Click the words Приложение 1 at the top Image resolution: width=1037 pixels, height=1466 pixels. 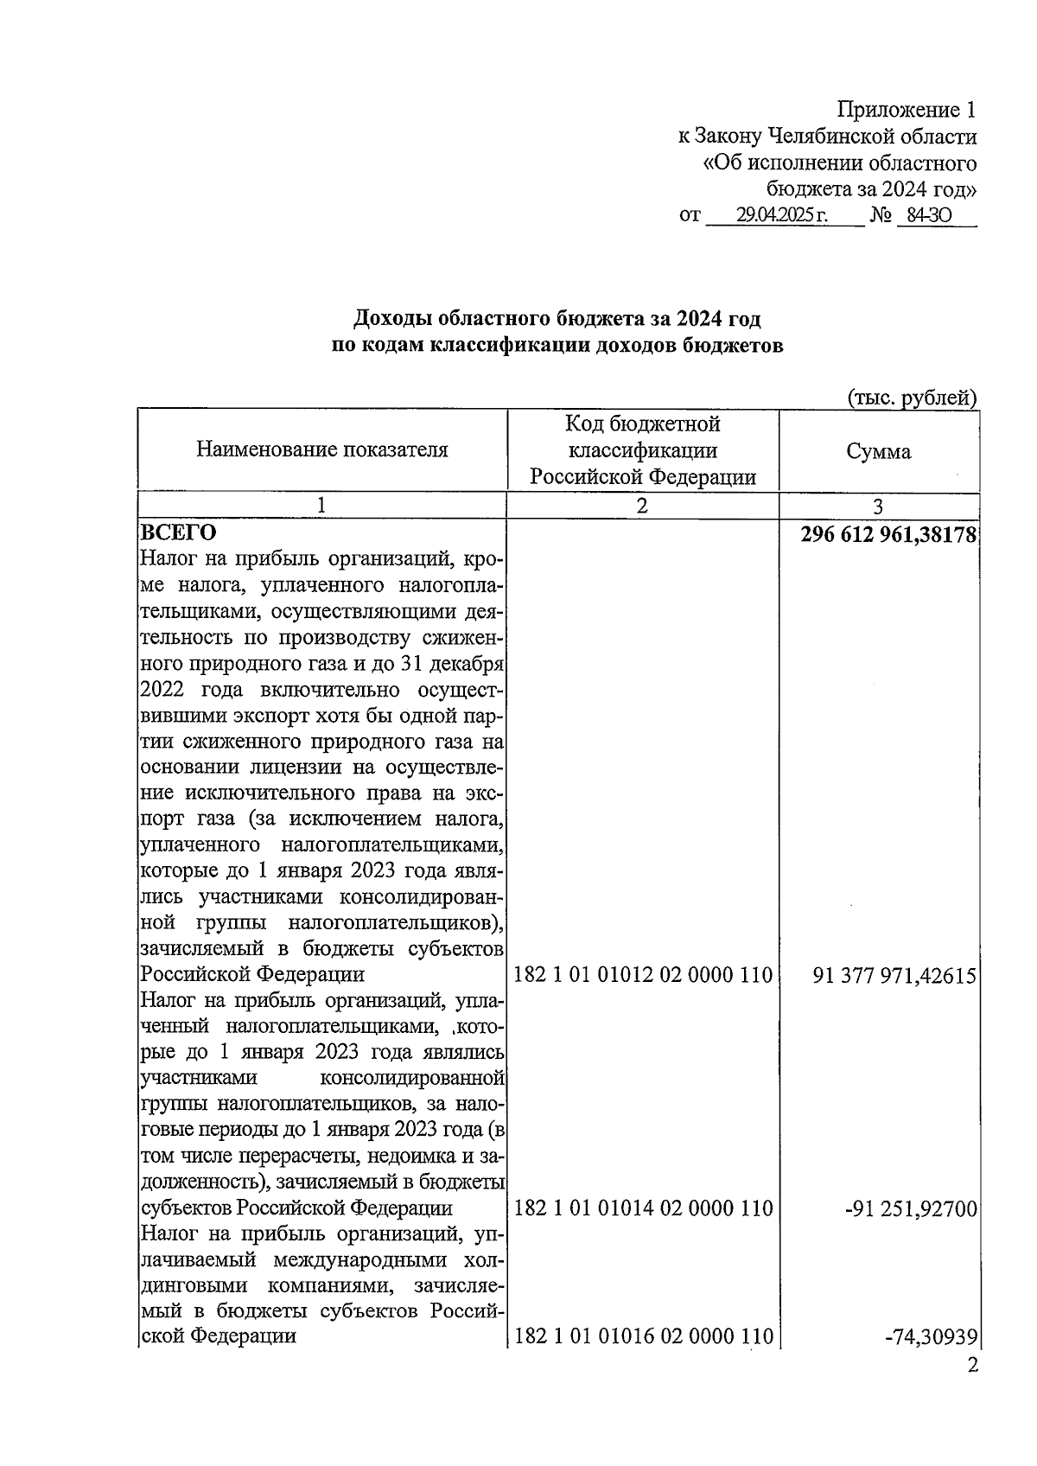coord(907,110)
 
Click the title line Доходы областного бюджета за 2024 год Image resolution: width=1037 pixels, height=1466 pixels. coord(557,319)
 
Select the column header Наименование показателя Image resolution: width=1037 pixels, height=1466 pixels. coord(322,449)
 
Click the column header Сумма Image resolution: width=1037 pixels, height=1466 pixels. coord(878,451)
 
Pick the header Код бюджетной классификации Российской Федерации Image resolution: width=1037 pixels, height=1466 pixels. coord(642,450)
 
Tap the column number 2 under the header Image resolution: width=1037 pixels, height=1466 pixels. coord(641,507)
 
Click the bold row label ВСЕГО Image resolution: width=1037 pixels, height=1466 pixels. coord(179,532)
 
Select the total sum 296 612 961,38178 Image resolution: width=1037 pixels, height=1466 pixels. coord(888,534)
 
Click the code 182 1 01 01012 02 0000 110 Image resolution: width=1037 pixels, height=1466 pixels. coord(643,975)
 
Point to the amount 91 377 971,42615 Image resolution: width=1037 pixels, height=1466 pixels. coord(894,976)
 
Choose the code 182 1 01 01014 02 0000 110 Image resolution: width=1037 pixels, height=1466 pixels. coord(643,1208)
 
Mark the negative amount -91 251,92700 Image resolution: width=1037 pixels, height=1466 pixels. coord(911,1208)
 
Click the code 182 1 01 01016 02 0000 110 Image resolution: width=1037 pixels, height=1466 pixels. coord(643,1335)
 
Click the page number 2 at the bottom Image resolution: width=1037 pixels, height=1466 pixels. coord(972,1366)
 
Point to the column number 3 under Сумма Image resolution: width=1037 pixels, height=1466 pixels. coord(878,507)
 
